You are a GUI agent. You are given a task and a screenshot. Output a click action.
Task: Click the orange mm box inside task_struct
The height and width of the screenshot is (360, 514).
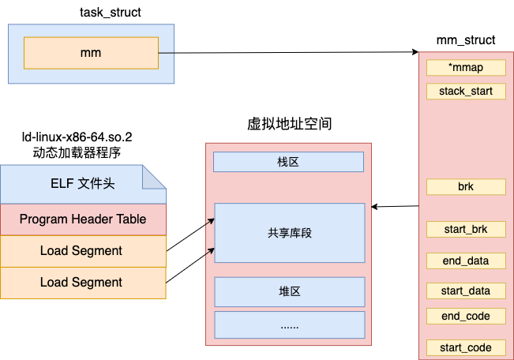click(x=91, y=53)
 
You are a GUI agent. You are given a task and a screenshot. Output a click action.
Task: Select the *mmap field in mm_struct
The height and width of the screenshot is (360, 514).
click(x=466, y=68)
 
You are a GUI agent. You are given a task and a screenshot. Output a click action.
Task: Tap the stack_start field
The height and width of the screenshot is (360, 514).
click(x=466, y=91)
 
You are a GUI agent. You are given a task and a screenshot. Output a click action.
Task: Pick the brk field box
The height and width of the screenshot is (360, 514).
click(x=466, y=187)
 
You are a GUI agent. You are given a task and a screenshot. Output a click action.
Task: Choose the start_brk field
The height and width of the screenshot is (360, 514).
click(x=466, y=229)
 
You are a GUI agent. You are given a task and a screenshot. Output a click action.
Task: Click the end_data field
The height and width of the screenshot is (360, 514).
click(x=466, y=261)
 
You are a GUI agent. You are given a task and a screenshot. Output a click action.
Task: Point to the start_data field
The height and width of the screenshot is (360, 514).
click(x=466, y=291)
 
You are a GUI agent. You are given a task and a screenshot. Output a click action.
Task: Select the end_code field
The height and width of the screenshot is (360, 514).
click(x=466, y=316)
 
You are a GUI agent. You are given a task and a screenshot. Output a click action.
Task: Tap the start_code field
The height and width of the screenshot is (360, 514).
click(x=466, y=347)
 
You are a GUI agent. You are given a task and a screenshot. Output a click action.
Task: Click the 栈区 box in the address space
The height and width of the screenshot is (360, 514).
click(x=288, y=162)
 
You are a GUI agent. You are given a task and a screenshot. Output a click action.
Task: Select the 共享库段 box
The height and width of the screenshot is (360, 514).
click(x=290, y=233)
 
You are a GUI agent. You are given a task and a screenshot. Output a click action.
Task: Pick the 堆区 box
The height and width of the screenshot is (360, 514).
click(x=290, y=292)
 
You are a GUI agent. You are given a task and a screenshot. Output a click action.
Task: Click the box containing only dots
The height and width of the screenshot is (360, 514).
click(x=290, y=325)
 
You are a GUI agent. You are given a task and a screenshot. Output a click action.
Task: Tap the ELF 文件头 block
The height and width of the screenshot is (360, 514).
click(x=83, y=184)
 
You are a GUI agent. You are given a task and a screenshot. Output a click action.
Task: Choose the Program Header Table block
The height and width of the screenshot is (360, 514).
click(x=83, y=219)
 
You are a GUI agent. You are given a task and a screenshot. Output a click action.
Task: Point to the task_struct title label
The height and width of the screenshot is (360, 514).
click(x=111, y=13)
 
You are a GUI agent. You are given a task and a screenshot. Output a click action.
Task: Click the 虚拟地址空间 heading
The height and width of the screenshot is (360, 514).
click(x=290, y=124)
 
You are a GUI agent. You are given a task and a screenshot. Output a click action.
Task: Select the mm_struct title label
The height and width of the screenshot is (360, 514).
click(x=466, y=40)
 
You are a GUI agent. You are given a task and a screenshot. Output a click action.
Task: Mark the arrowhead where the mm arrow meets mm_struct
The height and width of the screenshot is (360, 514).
click(x=415, y=52)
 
